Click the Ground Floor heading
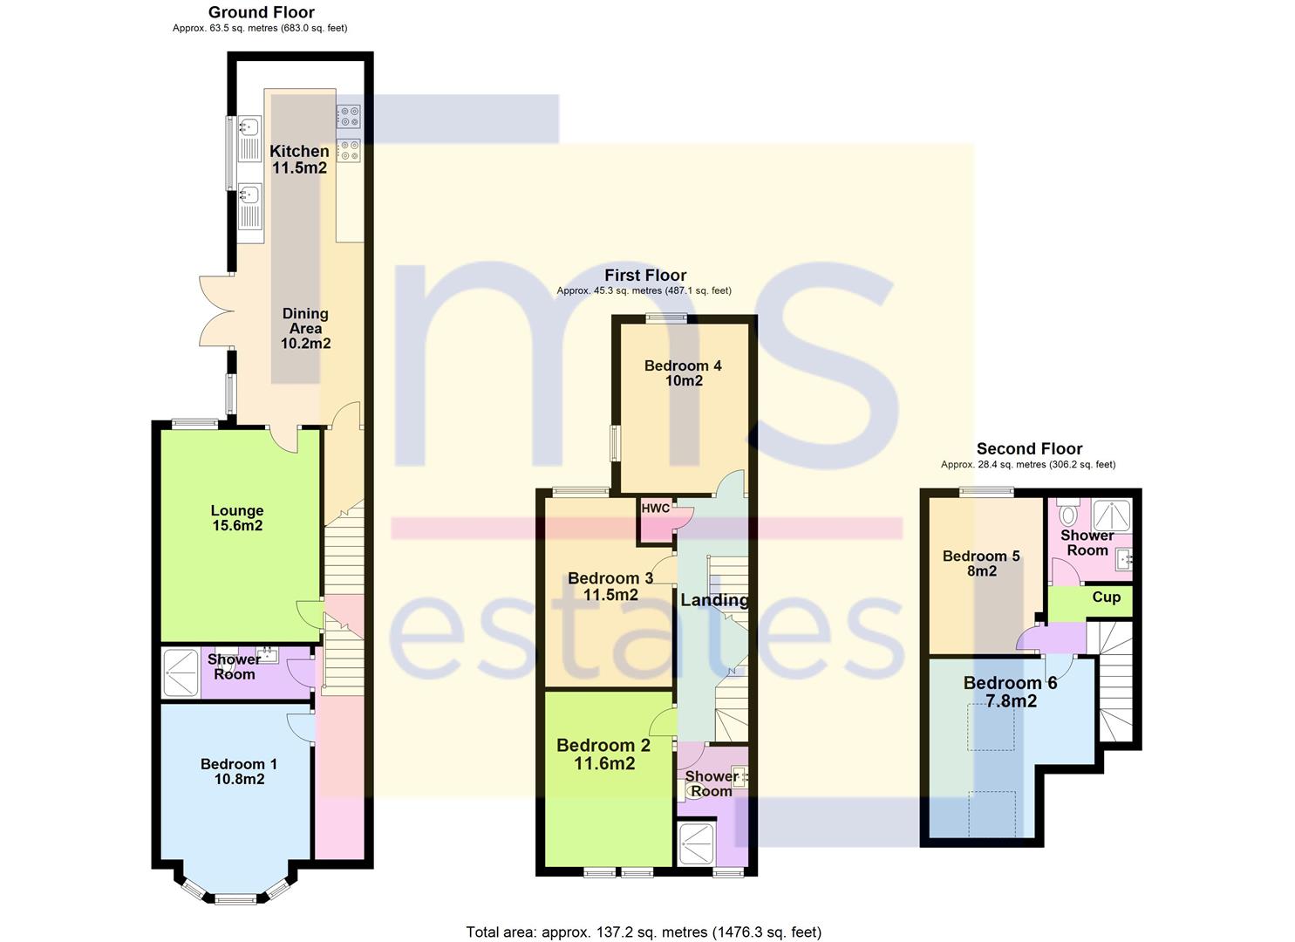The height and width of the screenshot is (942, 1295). point(262,12)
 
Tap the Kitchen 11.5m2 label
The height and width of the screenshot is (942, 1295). point(299,160)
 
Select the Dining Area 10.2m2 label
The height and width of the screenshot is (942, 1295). point(306,329)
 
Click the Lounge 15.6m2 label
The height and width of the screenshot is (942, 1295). point(237,518)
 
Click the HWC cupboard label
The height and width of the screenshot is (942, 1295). point(656,509)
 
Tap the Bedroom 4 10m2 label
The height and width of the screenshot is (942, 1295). point(684,373)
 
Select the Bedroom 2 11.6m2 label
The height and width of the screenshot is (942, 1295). point(604,754)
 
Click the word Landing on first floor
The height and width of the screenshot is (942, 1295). point(714,600)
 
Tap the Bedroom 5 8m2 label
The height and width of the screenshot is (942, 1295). point(982,563)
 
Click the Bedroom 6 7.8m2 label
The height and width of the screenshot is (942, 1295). point(1011,693)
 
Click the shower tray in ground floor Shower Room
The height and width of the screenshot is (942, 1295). point(181,673)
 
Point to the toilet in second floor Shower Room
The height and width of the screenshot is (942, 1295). point(1068,512)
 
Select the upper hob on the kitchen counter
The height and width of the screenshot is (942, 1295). point(349,116)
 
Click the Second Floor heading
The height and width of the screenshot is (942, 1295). point(1029,448)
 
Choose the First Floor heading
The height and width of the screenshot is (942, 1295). point(645,276)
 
